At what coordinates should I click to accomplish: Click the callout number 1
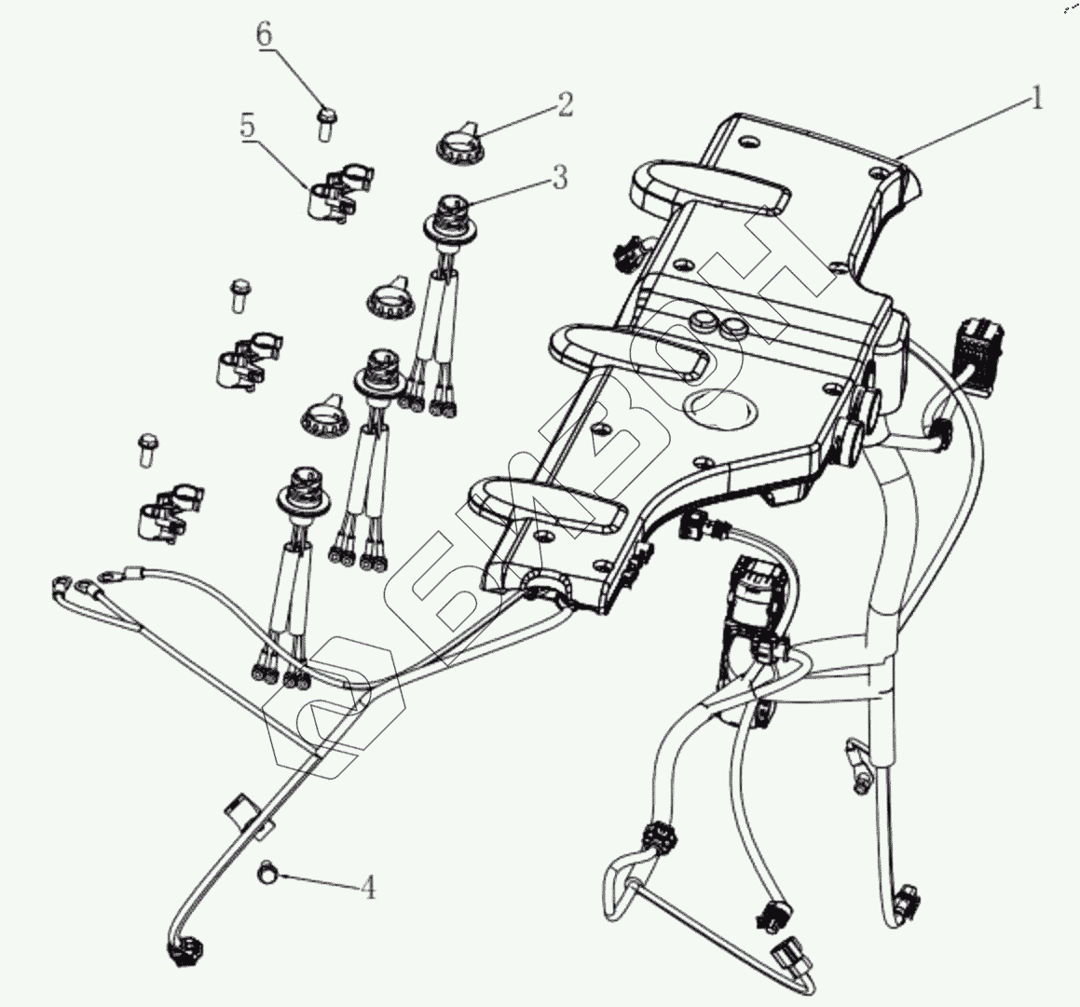click(1034, 97)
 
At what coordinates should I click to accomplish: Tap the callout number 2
click(565, 104)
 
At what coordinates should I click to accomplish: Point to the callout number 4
click(368, 888)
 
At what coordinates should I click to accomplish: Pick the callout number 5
click(247, 126)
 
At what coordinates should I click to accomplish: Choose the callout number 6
click(265, 35)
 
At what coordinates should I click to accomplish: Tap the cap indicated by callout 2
click(457, 143)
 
